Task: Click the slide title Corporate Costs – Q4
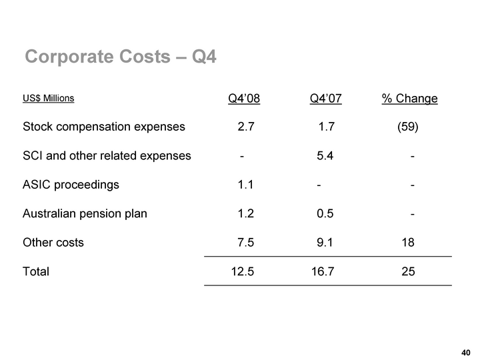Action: point(121,57)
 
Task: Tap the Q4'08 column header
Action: point(244,99)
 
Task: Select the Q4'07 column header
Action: point(326,99)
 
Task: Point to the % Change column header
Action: point(409,99)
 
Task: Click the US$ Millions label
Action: point(48,99)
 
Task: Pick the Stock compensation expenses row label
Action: point(104,127)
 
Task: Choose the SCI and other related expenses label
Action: point(107,156)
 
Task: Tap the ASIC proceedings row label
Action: point(71,185)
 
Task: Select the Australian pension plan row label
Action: point(85,214)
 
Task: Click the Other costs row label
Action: point(53,243)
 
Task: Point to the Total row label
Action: point(36,272)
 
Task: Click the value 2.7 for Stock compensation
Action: point(245,127)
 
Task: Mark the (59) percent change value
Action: point(407,127)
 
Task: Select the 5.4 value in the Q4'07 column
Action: point(325,156)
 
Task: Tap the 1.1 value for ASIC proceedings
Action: point(245,185)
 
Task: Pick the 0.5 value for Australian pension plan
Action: point(325,214)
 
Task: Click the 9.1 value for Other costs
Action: point(325,243)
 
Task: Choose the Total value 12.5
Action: point(241,272)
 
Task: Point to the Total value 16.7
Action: point(323,272)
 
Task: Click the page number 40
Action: point(466,352)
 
